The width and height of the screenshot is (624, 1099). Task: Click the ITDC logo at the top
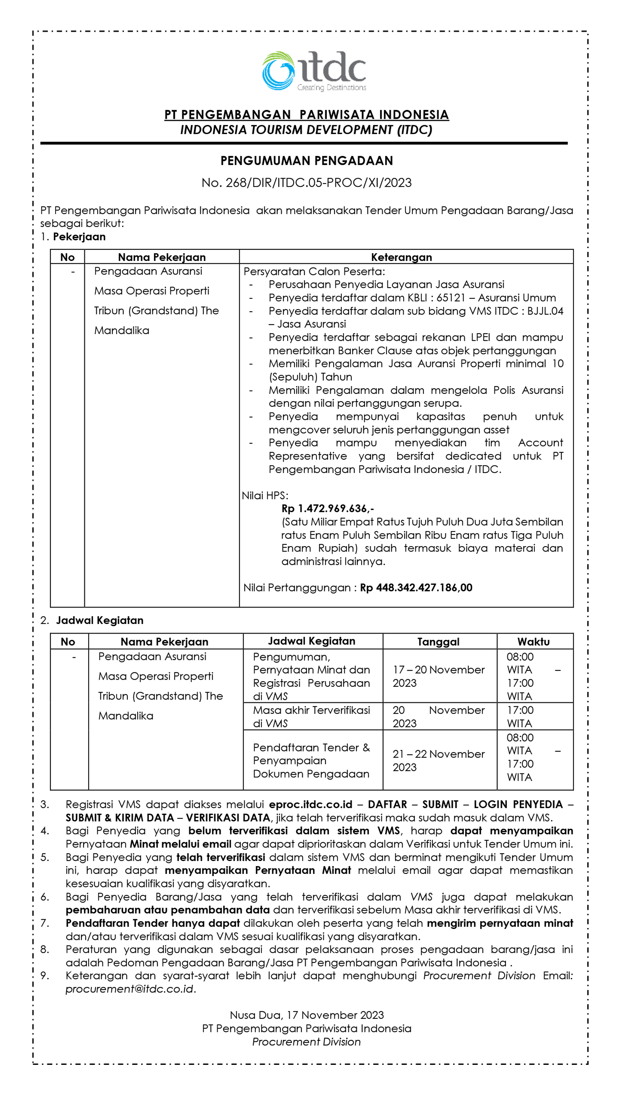pos(314,71)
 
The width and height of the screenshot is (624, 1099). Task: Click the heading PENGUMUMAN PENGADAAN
pos(306,161)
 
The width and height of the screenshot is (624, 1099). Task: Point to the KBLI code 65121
pos(450,298)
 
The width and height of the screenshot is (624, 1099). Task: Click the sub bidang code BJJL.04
pos(545,311)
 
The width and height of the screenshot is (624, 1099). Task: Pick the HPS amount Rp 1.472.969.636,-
pos(327,508)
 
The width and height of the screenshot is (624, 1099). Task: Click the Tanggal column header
pos(438,641)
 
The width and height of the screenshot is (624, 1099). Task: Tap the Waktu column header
pos(533,641)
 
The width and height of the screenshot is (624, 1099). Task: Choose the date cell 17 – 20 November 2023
pos(438,676)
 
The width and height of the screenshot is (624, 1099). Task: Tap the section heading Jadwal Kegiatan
pos(100,620)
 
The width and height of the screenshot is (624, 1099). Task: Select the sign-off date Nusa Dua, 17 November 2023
pos(306,1015)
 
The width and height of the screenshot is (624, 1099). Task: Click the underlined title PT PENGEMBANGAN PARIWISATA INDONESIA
pos(306,115)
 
